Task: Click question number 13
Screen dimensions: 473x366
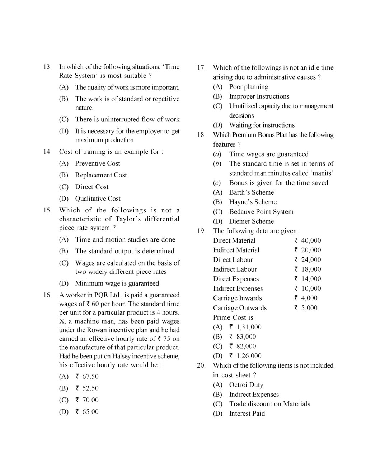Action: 47,67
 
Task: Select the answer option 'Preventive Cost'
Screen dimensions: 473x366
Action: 97,163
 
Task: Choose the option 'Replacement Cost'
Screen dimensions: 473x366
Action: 101,175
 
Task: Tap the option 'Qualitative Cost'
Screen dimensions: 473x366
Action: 98,199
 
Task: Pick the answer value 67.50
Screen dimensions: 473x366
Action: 90,377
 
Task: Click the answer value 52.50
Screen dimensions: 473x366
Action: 90,388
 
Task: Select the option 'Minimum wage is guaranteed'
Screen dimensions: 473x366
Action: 117,283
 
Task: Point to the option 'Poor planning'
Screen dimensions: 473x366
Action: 248,87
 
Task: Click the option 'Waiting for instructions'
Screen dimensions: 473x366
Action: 262,125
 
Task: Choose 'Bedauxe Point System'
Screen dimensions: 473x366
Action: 261,212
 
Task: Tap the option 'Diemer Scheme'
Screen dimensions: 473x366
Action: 251,221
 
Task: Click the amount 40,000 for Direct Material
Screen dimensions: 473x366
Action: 311,240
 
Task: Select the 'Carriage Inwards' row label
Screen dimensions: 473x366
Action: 237,298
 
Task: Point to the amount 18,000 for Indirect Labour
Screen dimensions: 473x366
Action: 311,269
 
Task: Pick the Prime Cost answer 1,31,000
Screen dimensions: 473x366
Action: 248,327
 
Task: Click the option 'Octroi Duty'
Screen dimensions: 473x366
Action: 246,385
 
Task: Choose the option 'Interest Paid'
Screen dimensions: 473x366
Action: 247,414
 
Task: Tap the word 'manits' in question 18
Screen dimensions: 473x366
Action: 322,173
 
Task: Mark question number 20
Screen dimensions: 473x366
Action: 201,365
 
